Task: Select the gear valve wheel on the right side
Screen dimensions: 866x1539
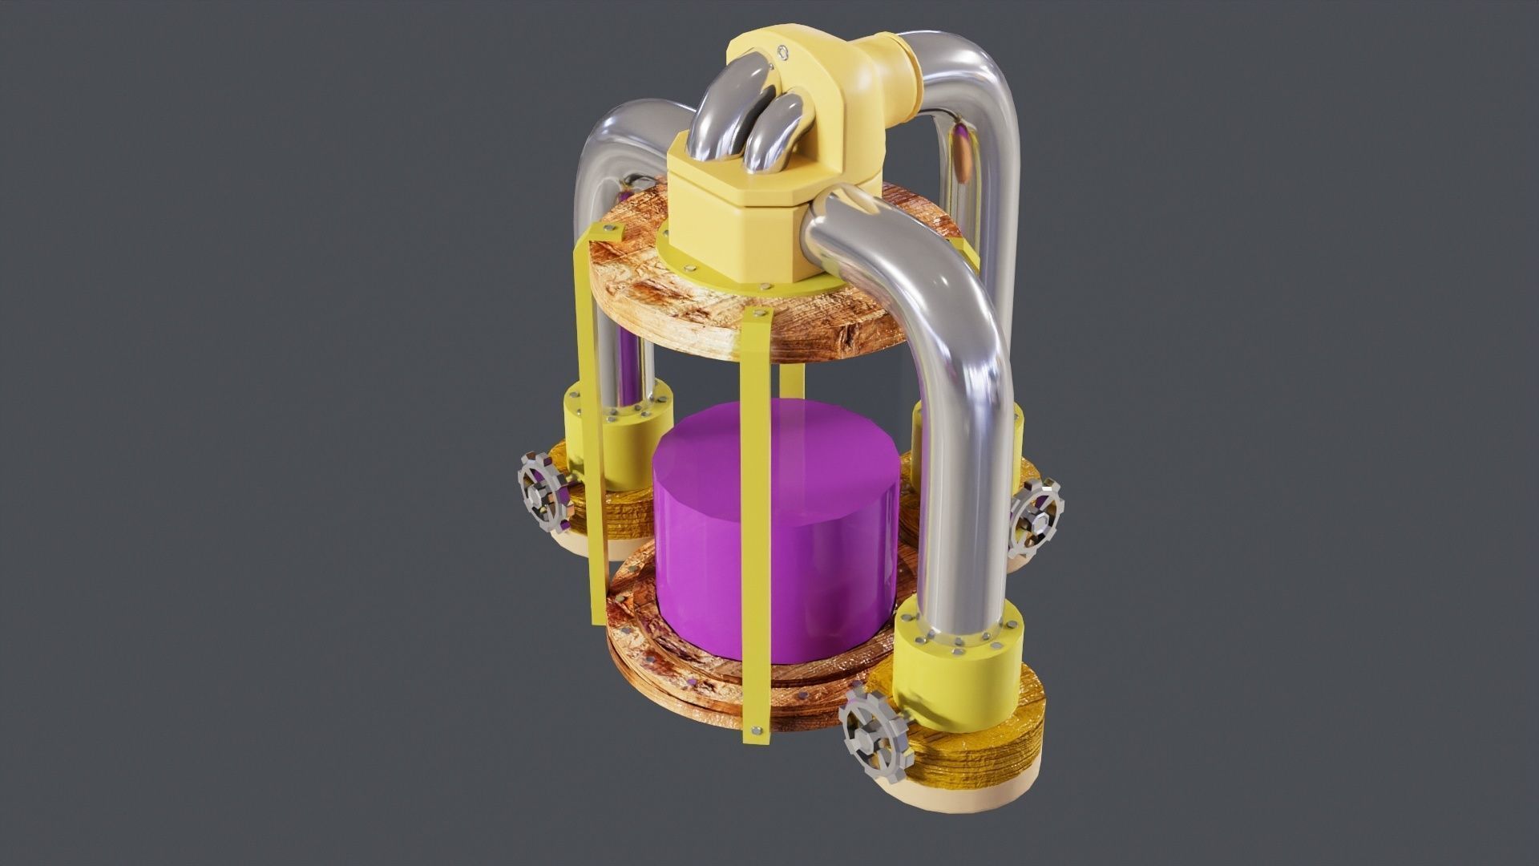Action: pyautogui.click(x=1036, y=518)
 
